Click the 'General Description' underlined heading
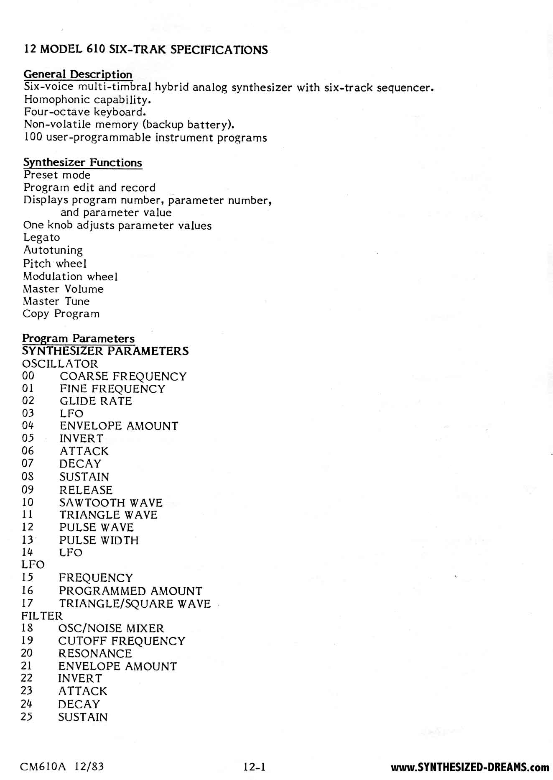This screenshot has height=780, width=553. (78, 74)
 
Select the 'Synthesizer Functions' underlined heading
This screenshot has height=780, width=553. (82, 162)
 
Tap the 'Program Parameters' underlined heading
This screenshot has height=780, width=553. (78, 338)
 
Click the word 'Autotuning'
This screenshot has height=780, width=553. (53, 250)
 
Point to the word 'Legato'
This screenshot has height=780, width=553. (41, 238)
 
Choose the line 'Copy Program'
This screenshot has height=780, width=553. (61, 314)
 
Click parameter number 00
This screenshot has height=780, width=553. (28, 376)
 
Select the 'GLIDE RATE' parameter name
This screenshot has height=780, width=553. (96, 401)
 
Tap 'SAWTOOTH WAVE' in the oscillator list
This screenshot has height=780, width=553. (111, 502)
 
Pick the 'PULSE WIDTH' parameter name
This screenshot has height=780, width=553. (99, 540)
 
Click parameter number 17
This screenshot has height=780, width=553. (27, 603)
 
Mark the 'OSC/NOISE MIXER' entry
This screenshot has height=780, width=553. (111, 628)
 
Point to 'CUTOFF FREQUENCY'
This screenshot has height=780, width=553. (121, 641)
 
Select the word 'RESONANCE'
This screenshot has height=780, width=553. (95, 653)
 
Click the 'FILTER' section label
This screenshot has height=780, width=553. (42, 616)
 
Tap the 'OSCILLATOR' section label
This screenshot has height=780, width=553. (60, 363)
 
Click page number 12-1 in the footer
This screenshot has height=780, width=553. (255, 767)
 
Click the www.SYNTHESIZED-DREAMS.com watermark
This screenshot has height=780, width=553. (470, 767)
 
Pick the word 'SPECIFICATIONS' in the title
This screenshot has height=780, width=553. (219, 50)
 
